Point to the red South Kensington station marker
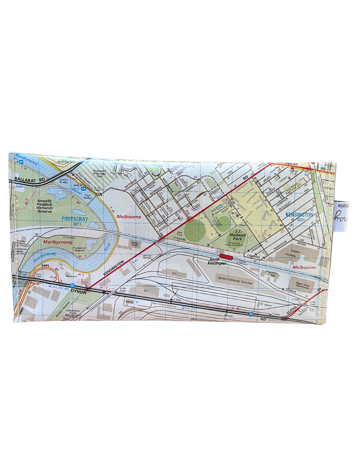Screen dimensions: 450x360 [x=226, y=257]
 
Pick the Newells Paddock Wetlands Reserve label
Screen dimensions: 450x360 [x=45, y=206]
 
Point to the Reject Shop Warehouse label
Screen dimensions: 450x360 [x=302, y=286]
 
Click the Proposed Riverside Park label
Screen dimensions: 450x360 [x=99, y=174]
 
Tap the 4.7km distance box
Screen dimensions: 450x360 [x=220, y=252]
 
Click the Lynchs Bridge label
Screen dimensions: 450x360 [x=63, y=181]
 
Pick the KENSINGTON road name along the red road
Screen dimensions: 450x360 [x=113, y=268]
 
